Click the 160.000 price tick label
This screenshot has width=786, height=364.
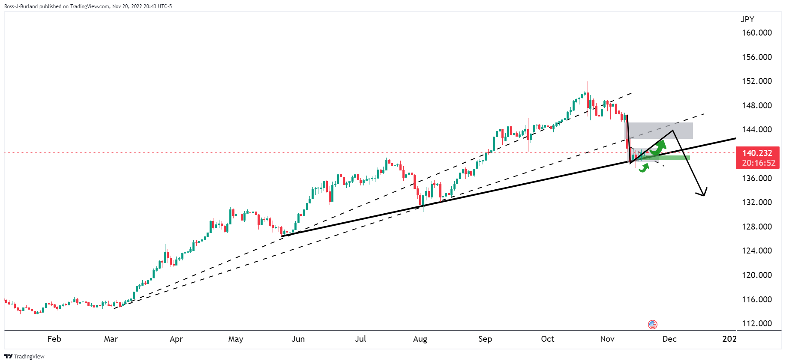click(x=756, y=33)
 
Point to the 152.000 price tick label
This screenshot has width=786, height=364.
click(x=756, y=81)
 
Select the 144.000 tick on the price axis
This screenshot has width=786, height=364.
click(x=756, y=130)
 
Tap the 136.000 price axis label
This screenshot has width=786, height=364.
click(x=756, y=178)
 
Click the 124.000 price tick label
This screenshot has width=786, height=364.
click(x=756, y=251)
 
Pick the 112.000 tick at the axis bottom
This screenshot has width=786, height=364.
click(x=756, y=324)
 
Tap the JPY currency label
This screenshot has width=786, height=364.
click(x=747, y=19)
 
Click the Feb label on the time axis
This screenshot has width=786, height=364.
click(x=54, y=339)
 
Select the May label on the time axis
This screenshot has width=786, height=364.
click(x=236, y=339)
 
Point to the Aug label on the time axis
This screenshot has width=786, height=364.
click(x=420, y=339)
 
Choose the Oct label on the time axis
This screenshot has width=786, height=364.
click(x=547, y=339)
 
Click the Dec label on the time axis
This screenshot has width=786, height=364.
click(x=669, y=339)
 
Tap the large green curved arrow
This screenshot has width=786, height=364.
click(x=658, y=147)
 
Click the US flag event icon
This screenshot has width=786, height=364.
click(x=652, y=324)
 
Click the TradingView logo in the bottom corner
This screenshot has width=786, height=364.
click(x=24, y=357)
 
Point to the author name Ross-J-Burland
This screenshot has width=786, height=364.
click(x=21, y=6)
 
